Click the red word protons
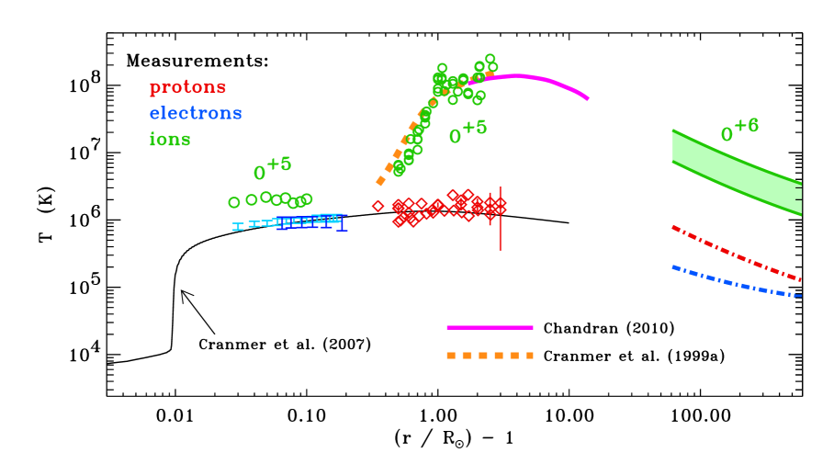(x=187, y=87)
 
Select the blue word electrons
(x=196, y=113)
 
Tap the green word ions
(x=170, y=140)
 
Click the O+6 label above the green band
(x=739, y=130)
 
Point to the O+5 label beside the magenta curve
(x=468, y=131)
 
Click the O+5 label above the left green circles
(x=272, y=168)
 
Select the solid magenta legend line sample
(x=490, y=327)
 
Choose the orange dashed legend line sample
(x=490, y=356)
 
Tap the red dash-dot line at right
(x=735, y=253)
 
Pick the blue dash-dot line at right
(x=735, y=282)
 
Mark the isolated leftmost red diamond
(x=378, y=206)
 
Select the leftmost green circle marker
(x=234, y=202)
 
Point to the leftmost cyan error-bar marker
(x=238, y=226)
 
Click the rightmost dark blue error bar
(x=342, y=222)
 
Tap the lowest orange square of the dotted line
(x=380, y=181)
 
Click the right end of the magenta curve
(x=586, y=97)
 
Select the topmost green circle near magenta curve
(x=490, y=59)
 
